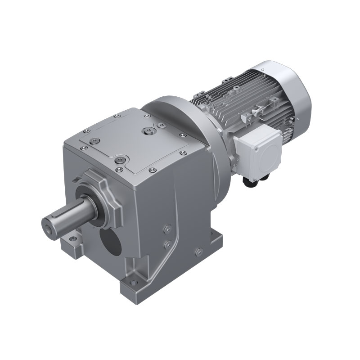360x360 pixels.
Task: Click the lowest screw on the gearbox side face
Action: (198, 251)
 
